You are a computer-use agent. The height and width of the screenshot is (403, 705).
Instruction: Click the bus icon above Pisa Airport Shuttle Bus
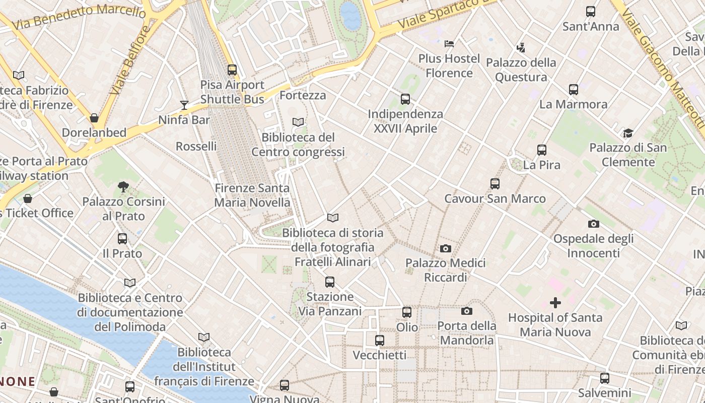(x=232, y=70)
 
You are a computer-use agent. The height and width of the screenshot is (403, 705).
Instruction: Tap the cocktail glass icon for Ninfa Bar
(x=184, y=105)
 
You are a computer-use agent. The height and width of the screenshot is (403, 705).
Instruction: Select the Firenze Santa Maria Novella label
(x=252, y=195)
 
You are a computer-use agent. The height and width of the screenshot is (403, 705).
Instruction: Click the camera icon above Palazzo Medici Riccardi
(x=445, y=248)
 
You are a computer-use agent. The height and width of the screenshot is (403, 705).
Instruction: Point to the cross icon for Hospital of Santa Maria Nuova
(x=555, y=303)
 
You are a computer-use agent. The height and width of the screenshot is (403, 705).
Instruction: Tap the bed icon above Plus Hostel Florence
(x=449, y=44)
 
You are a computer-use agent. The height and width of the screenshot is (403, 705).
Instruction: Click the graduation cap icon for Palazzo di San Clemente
(x=627, y=133)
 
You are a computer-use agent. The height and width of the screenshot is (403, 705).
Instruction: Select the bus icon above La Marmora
(x=573, y=90)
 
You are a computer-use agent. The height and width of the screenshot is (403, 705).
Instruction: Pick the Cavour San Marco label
(x=495, y=198)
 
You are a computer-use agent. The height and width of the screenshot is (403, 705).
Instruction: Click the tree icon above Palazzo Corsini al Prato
(x=123, y=187)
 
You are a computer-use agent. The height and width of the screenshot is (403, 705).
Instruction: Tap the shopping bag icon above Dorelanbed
(x=94, y=118)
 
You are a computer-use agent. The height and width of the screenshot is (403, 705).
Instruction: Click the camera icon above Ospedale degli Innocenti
(x=593, y=224)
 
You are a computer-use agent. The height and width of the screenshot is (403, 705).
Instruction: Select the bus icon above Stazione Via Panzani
(x=329, y=282)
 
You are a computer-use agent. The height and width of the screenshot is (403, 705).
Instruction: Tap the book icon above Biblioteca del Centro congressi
(x=298, y=122)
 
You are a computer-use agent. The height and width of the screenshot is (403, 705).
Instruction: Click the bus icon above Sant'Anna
(x=590, y=12)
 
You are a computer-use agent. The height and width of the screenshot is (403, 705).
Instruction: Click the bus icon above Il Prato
(x=122, y=239)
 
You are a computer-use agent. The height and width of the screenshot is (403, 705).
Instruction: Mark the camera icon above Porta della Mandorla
(x=466, y=311)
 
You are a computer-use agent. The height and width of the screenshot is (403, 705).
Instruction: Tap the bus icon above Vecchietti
(x=379, y=341)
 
